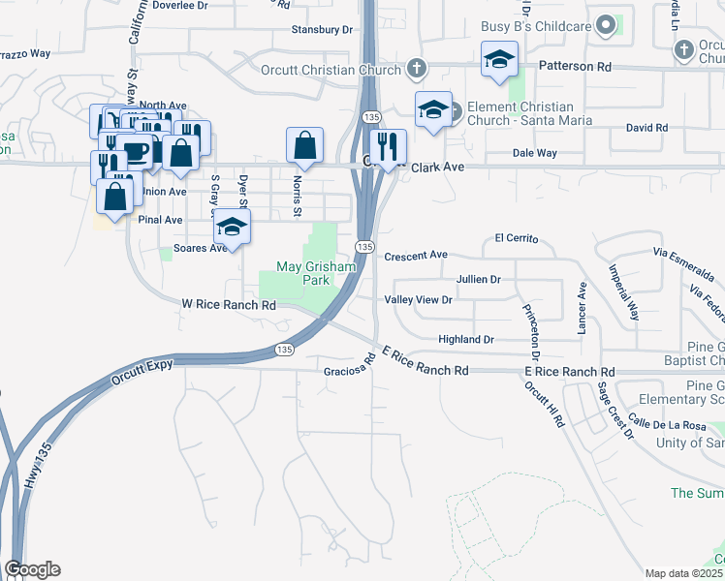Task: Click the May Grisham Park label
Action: (x=303, y=273)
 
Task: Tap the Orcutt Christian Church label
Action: (x=331, y=70)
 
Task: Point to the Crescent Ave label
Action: (x=416, y=256)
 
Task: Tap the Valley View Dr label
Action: (x=419, y=300)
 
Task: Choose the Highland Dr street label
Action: (x=466, y=340)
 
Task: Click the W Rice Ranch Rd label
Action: (x=229, y=305)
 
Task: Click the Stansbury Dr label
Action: (x=322, y=30)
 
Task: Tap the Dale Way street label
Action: (x=535, y=153)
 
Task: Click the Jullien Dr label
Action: (x=478, y=279)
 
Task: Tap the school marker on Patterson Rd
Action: (x=499, y=59)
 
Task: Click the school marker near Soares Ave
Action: (x=232, y=227)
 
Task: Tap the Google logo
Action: (x=32, y=569)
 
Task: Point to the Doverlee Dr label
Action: (x=179, y=6)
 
